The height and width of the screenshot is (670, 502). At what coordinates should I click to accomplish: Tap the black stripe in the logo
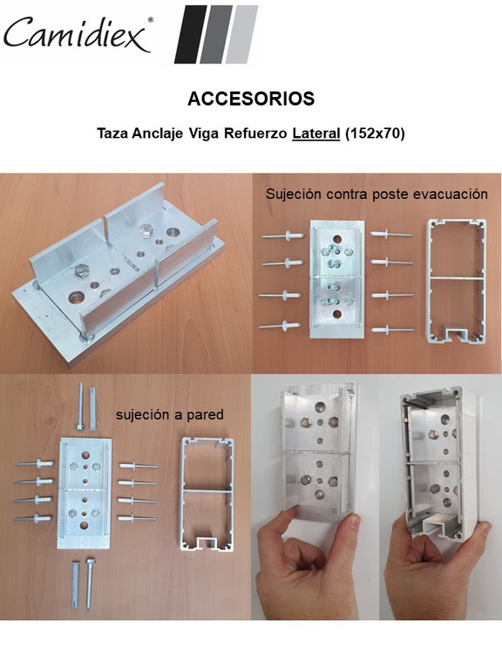(x=191, y=34)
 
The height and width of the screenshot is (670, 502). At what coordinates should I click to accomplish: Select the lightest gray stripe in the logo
(x=241, y=34)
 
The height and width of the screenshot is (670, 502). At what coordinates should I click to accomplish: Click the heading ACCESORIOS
(x=251, y=99)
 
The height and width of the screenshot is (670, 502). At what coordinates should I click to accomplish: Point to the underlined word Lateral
(x=316, y=133)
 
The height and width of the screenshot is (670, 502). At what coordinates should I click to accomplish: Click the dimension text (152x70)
(x=375, y=133)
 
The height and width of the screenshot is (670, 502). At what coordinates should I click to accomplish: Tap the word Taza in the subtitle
(x=112, y=133)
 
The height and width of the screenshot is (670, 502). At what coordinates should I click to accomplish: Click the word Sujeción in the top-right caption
(x=293, y=195)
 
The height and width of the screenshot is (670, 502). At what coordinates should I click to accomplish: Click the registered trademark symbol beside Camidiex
(x=150, y=20)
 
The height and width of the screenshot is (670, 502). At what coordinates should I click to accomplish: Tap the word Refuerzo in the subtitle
(x=255, y=133)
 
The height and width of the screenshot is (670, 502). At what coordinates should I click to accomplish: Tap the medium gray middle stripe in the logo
(x=216, y=34)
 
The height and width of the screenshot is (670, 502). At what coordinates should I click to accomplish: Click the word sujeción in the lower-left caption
(x=143, y=415)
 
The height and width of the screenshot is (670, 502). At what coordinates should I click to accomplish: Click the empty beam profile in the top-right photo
(x=457, y=282)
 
